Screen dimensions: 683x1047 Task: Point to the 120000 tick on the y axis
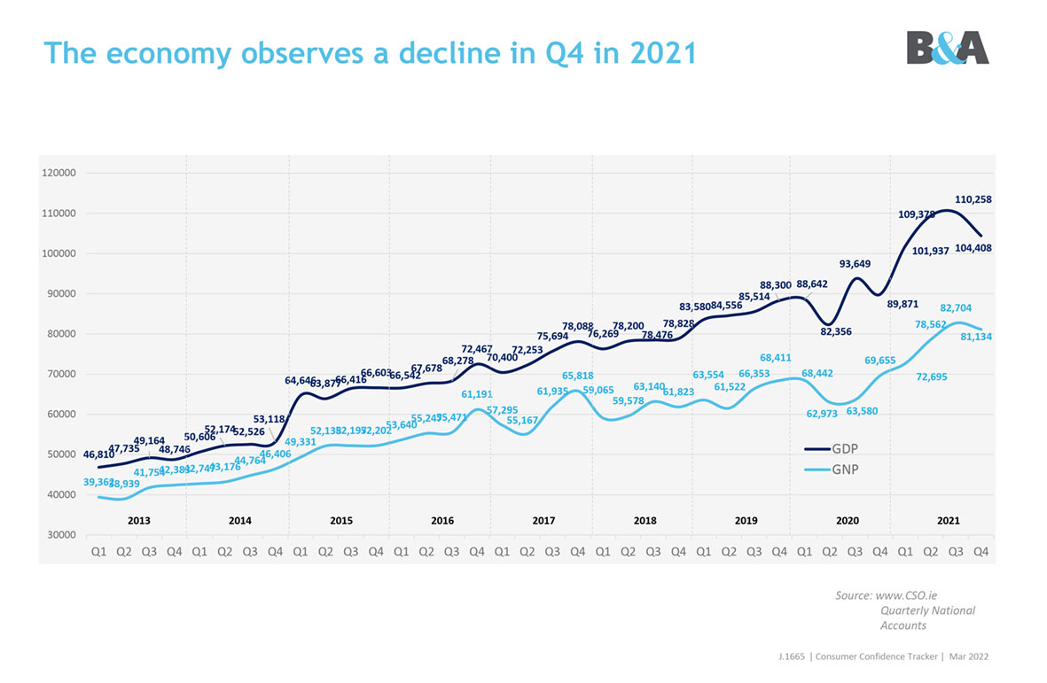click(x=59, y=174)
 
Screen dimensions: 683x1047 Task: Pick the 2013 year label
click(x=139, y=521)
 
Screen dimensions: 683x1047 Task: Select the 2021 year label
click(x=948, y=521)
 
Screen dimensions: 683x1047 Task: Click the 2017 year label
click(x=543, y=521)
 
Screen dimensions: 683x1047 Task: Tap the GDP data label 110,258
click(x=973, y=200)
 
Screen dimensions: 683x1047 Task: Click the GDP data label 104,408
click(x=973, y=249)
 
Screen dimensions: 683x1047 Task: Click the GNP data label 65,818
click(x=577, y=376)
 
